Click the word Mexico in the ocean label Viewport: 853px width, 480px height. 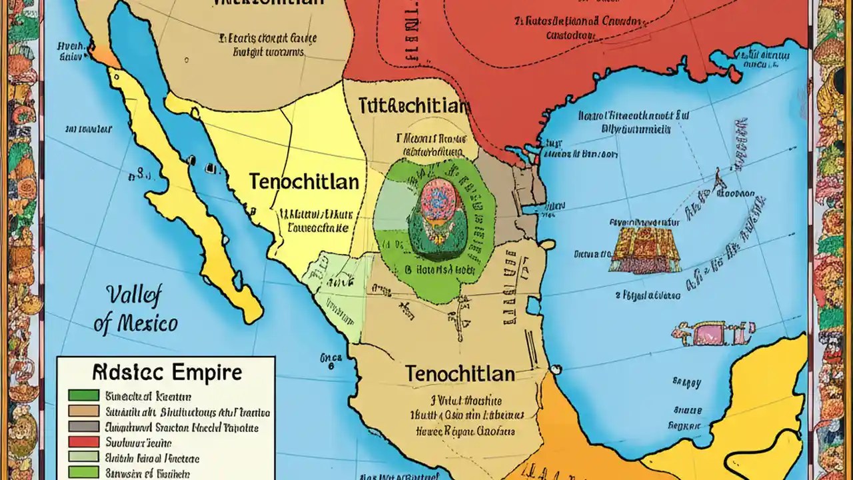click(x=136, y=324)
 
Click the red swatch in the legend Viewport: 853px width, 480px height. click(x=83, y=442)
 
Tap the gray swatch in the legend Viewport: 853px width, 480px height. click(x=83, y=427)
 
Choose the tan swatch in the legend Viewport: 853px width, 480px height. click(x=83, y=411)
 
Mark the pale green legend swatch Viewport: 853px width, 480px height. click(x=83, y=457)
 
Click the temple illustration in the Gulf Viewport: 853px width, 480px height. click(x=644, y=249)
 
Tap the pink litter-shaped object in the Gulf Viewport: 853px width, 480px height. click(x=713, y=331)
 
